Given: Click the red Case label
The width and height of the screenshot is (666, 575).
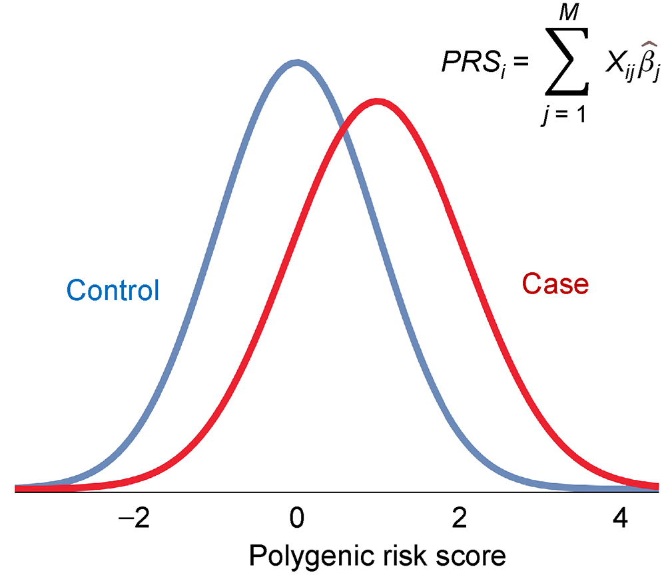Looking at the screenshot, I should (x=555, y=284).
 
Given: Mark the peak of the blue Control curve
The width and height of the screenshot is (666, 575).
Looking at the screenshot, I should (x=297, y=63).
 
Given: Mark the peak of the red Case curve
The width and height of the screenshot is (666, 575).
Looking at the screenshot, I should (x=378, y=102).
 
